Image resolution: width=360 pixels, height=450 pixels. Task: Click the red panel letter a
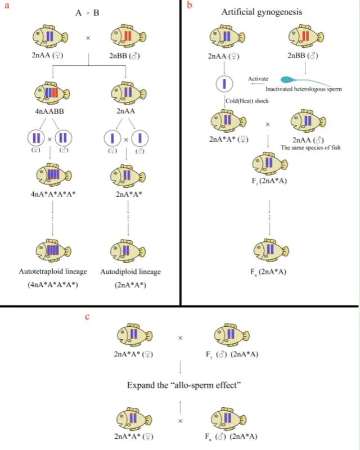[7, 6]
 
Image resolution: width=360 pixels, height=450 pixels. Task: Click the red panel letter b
[190, 5]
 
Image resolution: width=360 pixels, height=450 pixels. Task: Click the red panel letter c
[88, 317]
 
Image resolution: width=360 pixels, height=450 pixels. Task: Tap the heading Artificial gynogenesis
[262, 12]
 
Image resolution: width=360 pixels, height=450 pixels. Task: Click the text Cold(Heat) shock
[247, 101]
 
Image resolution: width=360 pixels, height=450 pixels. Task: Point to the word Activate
[258, 79]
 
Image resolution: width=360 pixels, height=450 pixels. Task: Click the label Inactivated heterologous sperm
[304, 89]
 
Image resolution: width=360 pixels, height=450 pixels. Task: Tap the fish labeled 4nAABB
[52, 93]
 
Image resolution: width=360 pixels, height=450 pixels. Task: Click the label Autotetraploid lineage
[53, 272]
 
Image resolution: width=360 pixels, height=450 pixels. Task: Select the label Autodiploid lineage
[130, 272]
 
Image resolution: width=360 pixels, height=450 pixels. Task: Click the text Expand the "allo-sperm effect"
[184, 385]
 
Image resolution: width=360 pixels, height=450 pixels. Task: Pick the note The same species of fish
[310, 148]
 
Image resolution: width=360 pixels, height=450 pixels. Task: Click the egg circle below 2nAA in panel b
[224, 83]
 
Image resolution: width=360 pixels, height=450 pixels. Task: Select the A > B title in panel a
[87, 13]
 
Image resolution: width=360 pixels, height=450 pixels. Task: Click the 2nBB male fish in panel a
[128, 37]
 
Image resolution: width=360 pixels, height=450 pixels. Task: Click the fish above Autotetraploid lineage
[53, 250]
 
